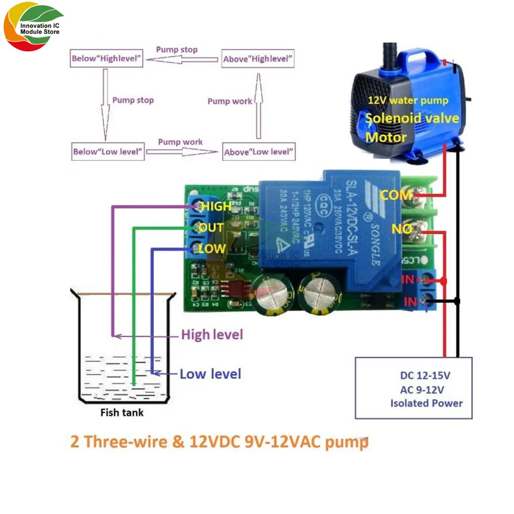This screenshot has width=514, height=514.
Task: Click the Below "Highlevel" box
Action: [106, 59]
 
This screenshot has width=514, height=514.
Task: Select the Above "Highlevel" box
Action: [259, 59]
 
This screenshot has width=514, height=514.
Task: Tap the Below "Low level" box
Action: [107, 152]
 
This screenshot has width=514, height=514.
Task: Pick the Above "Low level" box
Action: [259, 152]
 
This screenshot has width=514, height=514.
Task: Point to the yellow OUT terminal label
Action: [211, 228]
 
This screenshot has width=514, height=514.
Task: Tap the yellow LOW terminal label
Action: [212, 249]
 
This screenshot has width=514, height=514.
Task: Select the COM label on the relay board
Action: [396, 195]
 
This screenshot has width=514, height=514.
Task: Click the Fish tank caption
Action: [122, 412]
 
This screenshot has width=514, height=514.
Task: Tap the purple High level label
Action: [212, 335]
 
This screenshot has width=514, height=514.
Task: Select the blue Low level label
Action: [210, 374]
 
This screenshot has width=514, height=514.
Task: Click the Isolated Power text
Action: [426, 403]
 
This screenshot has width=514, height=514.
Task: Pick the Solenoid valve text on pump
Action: [412, 118]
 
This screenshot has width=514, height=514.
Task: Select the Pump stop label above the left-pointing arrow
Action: [176, 50]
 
